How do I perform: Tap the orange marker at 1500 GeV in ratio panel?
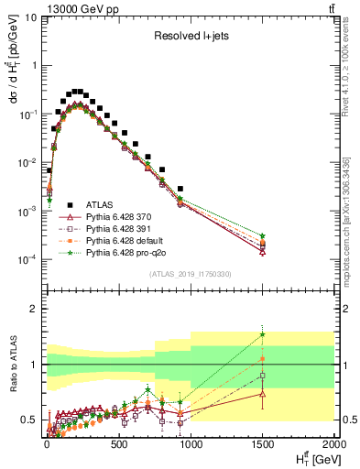click(262, 358)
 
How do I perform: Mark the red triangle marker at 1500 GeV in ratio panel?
click(262, 394)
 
